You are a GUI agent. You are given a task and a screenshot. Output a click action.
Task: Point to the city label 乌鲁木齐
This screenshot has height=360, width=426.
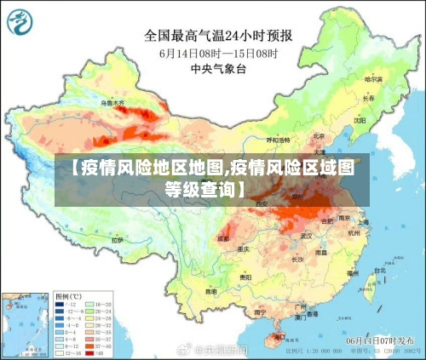tap(112, 102)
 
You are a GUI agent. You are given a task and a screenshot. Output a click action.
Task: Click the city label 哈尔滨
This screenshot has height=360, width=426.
tap(373, 78)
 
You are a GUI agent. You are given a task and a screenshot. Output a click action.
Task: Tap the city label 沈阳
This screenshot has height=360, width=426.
tap(360, 120)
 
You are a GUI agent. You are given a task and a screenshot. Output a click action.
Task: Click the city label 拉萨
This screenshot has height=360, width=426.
tap(117, 240)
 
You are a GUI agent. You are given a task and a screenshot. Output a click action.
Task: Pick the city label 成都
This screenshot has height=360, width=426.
tap(223, 238)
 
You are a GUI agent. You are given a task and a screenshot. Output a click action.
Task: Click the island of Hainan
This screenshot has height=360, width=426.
tap(276, 339)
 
